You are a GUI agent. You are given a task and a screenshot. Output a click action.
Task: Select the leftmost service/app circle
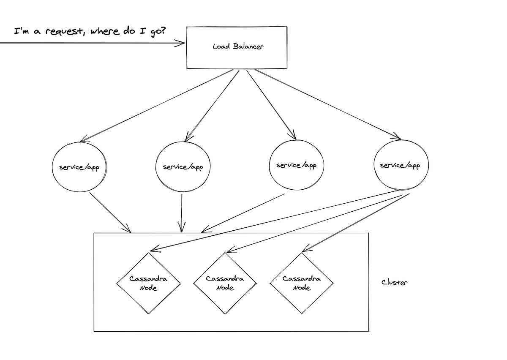[x=79, y=167]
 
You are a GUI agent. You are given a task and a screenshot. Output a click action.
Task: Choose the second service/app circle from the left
[x=183, y=167]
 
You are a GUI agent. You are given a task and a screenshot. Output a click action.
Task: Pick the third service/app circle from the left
[x=296, y=165]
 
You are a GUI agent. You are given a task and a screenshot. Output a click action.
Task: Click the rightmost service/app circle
[x=400, y=165]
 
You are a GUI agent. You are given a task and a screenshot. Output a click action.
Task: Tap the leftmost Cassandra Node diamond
[x=148, y=283]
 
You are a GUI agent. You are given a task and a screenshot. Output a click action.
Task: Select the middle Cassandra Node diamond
[x=225, y=283]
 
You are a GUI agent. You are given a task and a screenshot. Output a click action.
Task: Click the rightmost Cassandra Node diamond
[x=302, y=283]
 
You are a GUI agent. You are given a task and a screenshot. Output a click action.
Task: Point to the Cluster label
[x=395, y=282]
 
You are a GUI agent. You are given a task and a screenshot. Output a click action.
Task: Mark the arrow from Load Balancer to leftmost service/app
[x=156, y=105]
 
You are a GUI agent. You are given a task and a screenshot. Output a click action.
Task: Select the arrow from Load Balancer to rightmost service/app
[x=327, y=104]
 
